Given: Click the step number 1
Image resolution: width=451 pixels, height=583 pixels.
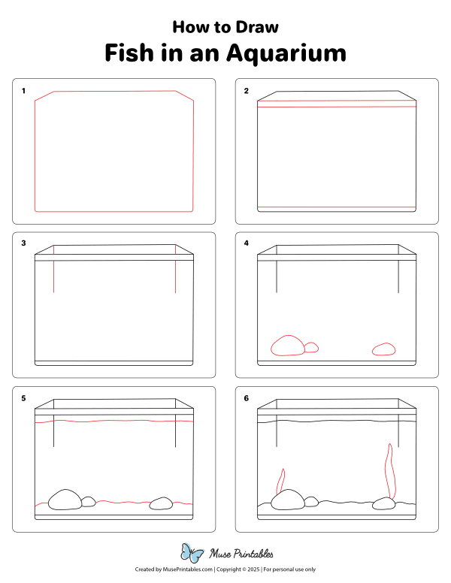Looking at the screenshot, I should (23, 92).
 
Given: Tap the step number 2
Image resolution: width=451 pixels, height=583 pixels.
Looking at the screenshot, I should (246, 92).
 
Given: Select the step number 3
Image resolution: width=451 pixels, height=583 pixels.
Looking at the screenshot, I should (23, 243).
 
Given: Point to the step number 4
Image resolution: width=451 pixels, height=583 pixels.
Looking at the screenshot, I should (246, 243).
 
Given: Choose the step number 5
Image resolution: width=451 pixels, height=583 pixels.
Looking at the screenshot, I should (23, 399).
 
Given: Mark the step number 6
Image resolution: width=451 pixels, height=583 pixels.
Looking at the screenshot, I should (246, 399).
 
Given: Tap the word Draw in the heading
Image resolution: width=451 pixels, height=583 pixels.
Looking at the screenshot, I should (259, 27).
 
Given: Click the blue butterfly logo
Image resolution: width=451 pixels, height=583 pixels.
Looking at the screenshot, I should (192, 553).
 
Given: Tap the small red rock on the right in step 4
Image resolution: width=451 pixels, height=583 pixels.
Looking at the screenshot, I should (384, 348).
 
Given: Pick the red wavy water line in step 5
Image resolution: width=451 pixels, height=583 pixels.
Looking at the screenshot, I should (113, 422).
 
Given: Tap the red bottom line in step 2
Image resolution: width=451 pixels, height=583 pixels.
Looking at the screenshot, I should (337, 207).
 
